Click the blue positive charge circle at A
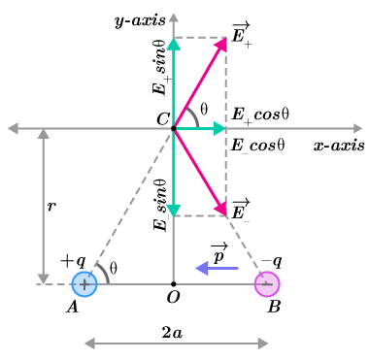[x=84, y=284]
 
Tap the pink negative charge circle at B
[x=267, y=284]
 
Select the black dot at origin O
[x=174, y=284]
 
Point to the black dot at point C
[x=174, y=129]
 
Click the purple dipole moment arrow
[x=217, y=268]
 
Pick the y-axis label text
[x=141, y=20]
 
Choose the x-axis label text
[x=339, y=146]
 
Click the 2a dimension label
[x=172, y=332]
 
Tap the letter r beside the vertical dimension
[x=51, y=206]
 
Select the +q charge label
[x=73, y=262]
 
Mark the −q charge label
[x=271, y=261]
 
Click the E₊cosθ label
[x=260, y=115]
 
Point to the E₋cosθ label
[x=258, y=146]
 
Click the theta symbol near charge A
[x=113, y=268]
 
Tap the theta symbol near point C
[x=204, y=110]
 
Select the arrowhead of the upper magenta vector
[x=221, y=45]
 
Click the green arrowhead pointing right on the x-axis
[x=219, y=129]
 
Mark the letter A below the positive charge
[x=73, y=307]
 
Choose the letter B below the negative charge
[x=274, y=307]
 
